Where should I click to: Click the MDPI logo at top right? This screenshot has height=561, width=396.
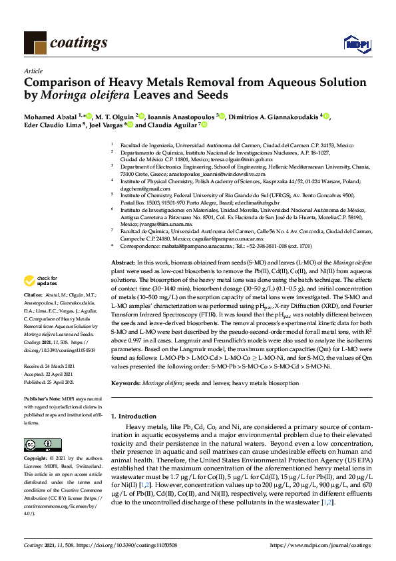tap(356, 44)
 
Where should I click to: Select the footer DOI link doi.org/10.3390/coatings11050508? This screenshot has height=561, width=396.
tap(133, 545)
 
